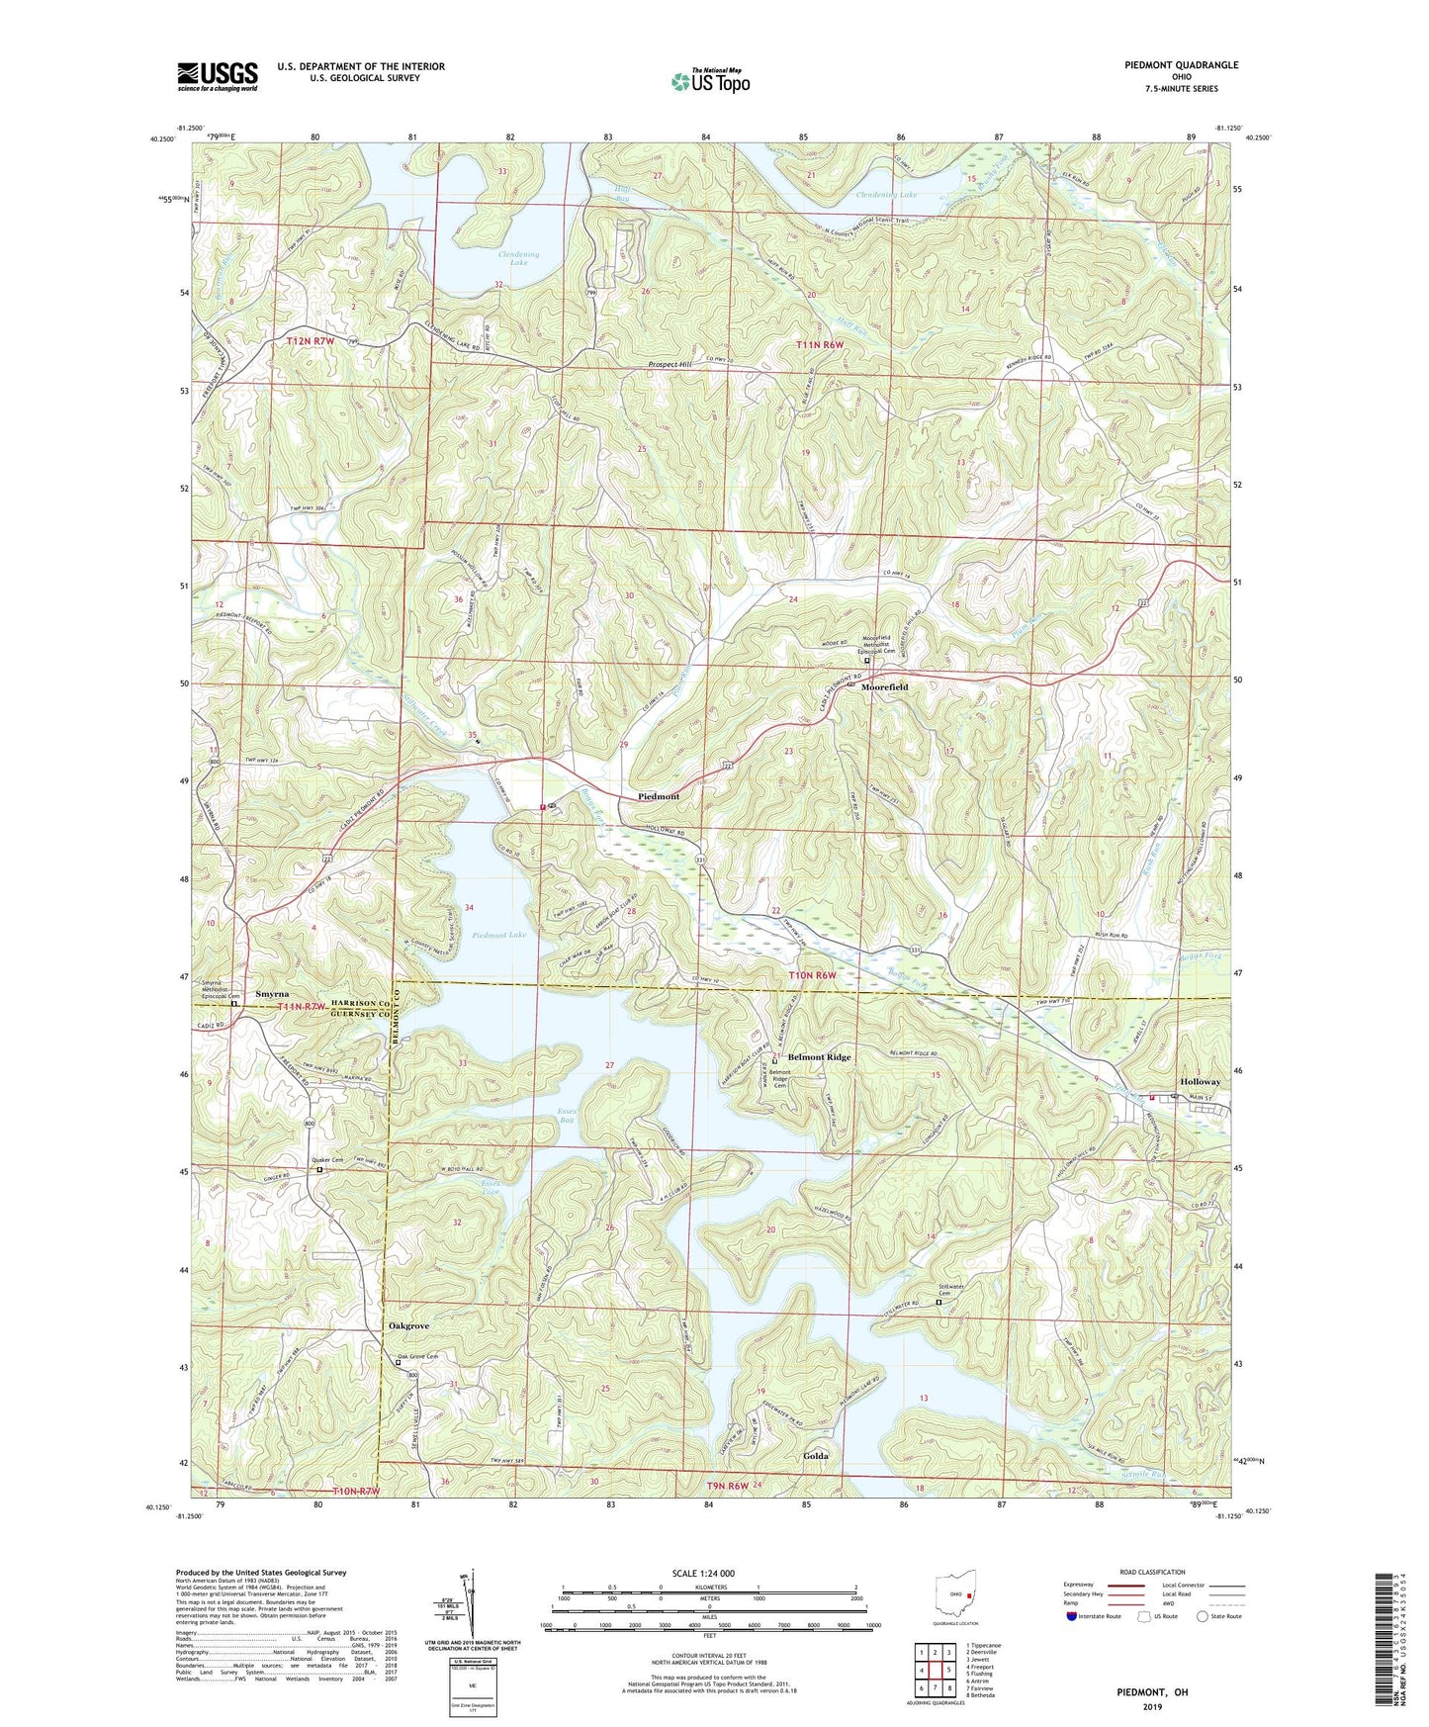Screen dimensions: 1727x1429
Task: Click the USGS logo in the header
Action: click(x=217, y=76)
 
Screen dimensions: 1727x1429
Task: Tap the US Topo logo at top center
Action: click(x=710, y=81)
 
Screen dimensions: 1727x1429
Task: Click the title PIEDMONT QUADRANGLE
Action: click(x=1181, y=65)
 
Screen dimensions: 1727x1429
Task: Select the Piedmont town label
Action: click(x=659, y=796)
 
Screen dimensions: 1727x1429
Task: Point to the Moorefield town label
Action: click(x=884, y=686)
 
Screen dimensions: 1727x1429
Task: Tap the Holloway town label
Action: click(x=1200, y=1082)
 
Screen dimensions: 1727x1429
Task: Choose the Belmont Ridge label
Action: click(x=819, y=1057)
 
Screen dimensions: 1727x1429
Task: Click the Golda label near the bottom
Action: click(x=816, y=1456)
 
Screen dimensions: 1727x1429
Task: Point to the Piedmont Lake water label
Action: click(x=499, y=935)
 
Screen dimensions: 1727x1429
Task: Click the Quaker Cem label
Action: click(x=326, y=1159)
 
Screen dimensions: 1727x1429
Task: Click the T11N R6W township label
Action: click(x=821, y=344)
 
